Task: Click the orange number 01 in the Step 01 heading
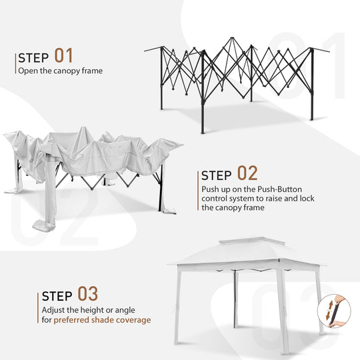[x=64, y=55]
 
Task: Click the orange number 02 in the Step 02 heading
[x=247, y=174]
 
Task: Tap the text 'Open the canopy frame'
[x=60, y=71]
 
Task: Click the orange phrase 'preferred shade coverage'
[x=102, y=320]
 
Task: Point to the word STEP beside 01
[x=33, y=57]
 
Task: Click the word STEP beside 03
[x=57, y=295]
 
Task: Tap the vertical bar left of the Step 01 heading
[x=15, y=63]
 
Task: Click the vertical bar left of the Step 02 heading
[x=198, y=190]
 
